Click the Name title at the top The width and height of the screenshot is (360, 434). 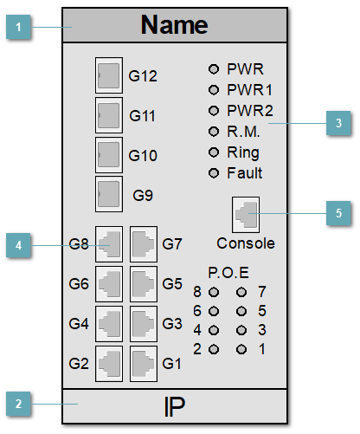pos(174,25)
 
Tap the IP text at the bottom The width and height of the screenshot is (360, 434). pos(174,405)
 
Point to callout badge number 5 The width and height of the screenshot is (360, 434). pos(337,213)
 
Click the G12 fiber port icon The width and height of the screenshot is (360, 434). pos(108,76)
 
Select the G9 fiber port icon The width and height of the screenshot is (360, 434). pos(108,194)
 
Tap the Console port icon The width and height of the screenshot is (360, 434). pos(246,213)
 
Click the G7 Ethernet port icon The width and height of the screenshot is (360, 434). pos(144,245)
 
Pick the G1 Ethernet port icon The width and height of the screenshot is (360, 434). pos(144,362)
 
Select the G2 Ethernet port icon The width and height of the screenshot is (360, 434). pos(109,362)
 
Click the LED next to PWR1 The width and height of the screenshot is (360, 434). pos(214,89)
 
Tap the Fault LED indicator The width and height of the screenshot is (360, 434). pos(214,173)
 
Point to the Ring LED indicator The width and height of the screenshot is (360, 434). pos(214,152)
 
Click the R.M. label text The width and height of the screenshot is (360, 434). pos(243,131)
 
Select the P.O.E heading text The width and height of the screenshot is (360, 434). pos(228,271)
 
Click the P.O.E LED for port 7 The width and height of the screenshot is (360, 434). pos(242,292)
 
